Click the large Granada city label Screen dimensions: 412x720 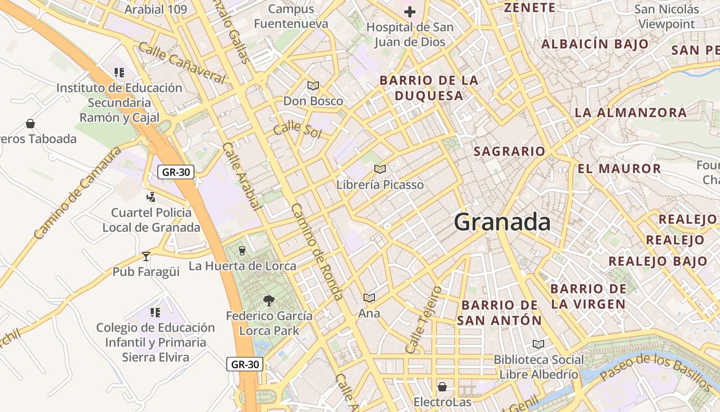pos(502,222)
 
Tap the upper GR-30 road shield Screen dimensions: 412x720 pos(175,172)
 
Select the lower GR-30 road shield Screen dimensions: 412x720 pos(245,364)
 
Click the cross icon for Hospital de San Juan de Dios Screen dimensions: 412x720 pos(410,11)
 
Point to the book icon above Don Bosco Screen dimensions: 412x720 pos(313,85)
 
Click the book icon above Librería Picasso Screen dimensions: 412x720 pos(380,169)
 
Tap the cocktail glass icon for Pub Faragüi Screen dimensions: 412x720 pos(146,256)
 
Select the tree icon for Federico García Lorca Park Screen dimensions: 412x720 pos(268,300)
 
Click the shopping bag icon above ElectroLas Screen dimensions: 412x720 pos(442,386)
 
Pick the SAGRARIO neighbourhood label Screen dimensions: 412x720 pos(509,151)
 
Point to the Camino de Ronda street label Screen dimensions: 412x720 pos(317,251)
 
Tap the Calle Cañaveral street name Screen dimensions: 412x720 pos(182,63)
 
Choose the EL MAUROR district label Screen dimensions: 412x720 pos(619,169)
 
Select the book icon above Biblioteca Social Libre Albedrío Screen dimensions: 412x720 pos(538,344)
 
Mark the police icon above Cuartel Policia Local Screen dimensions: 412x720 pos(151,197)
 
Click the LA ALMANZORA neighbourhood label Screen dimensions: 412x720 pos(631,112)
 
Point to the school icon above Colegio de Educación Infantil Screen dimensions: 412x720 pos(155,312)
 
